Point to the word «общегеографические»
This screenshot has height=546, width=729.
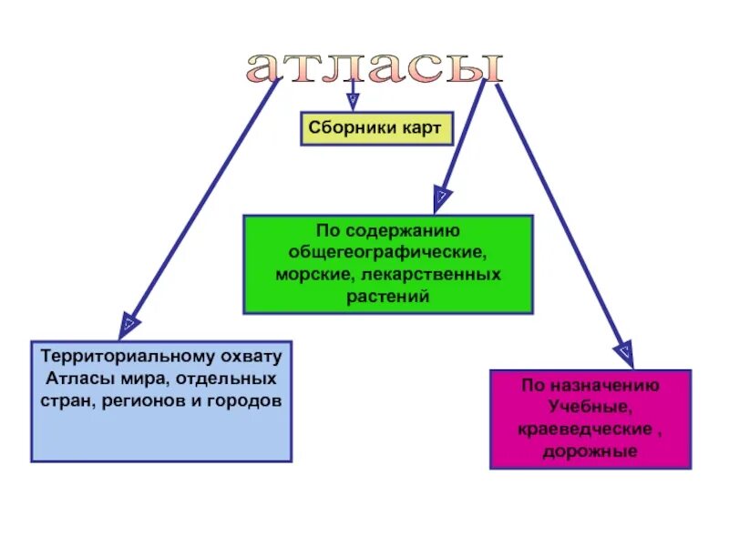coord(388,252)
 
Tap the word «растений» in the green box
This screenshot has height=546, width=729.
coord(387,295)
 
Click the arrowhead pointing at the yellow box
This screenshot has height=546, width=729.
coord(352,101)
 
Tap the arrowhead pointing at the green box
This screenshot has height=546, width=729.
coord(442,195)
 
